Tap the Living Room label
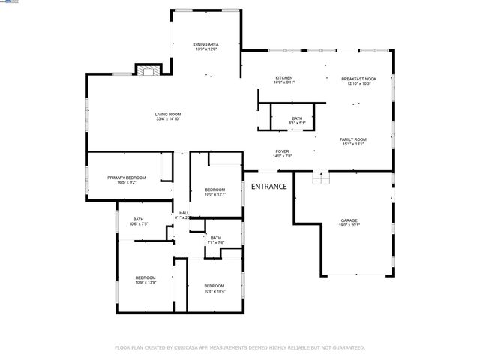pyautogui.click(x=168, y=114)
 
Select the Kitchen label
pyautogui.click(x=283, y=79)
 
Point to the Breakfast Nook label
pyautogui.click(x=358, y=79)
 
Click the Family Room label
pyautogui.click(x=352, y=139)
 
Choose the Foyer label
pyautogui.click(x=282, y=151)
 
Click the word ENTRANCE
pyautogui.click(x=268, y=186)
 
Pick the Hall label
pyautogui.click(x=184, y=213)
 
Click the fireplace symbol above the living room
pyautogui.click(x=147, y=70)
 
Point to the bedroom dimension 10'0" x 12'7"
pyautogui.click(x=215, y=194)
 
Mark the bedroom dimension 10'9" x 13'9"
pyautogui.click(x=145, y=282)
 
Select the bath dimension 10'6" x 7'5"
pyautogui.click(x=139, y=223)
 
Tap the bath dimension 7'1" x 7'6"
pyautogui.click(x=216, y=242)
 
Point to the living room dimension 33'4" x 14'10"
pyautogui.click(x=168, y=118)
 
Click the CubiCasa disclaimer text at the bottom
pyautogui.click(x=239, y=348)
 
